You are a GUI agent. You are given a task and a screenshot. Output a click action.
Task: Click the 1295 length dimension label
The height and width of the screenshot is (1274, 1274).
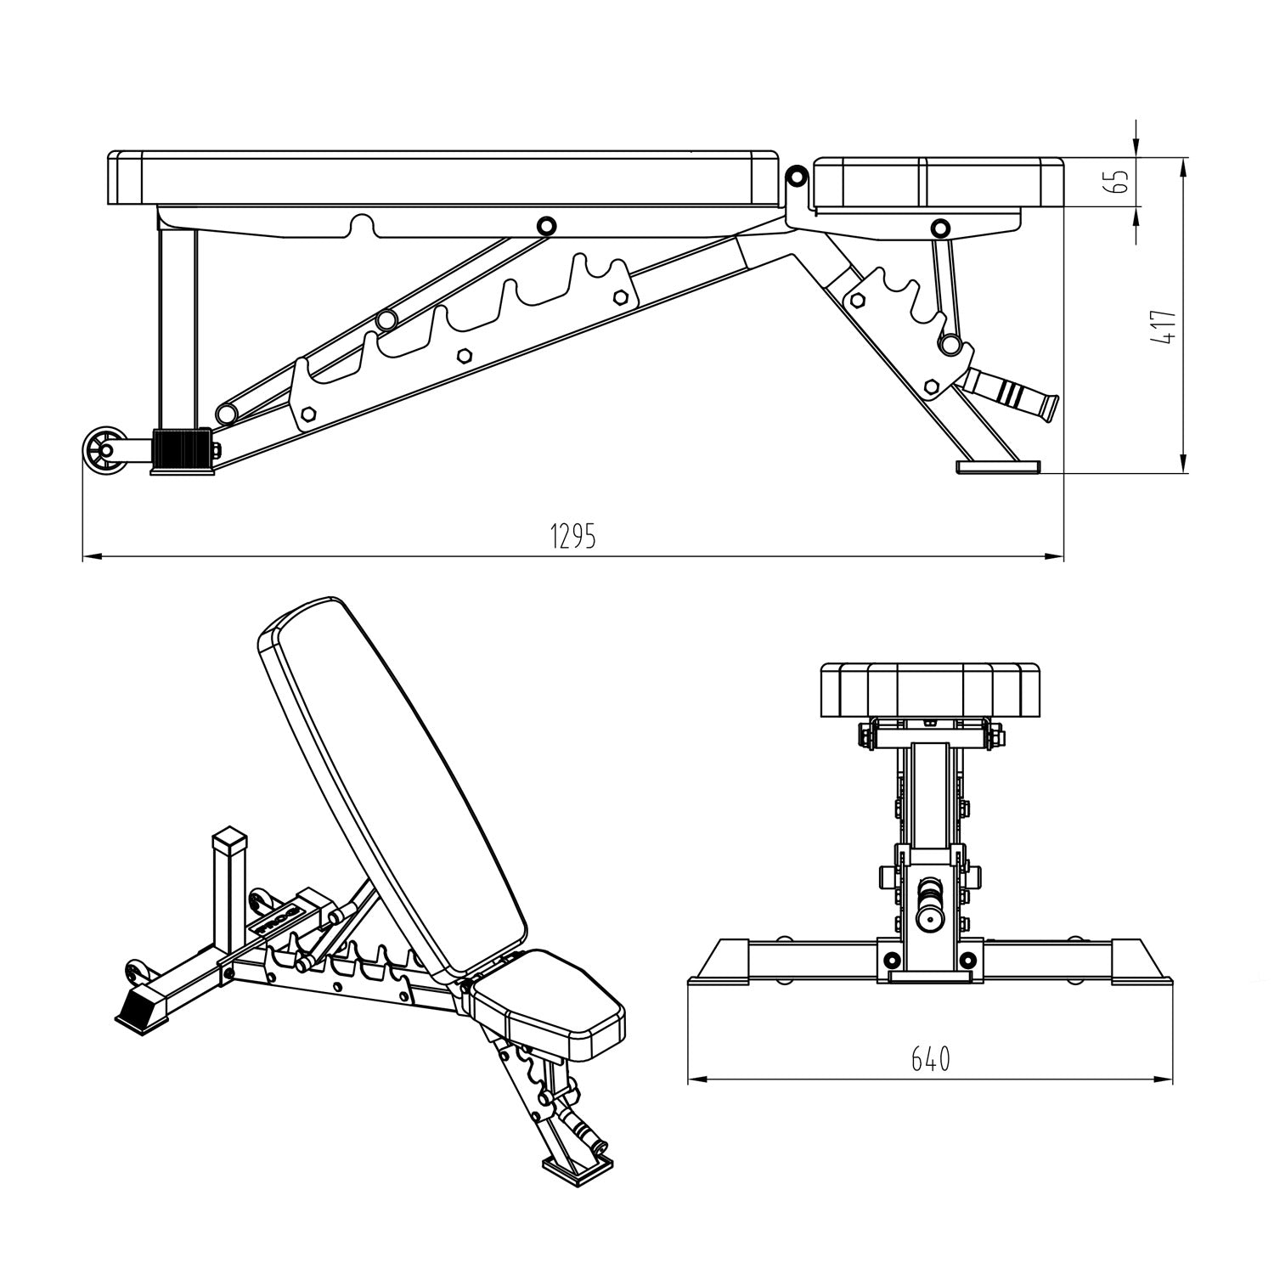(x=573, y=536)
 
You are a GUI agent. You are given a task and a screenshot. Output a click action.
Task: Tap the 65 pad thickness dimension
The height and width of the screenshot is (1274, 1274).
(x=1120, y=181)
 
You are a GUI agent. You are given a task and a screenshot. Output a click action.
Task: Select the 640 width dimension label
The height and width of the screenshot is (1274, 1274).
(x=931, y=1059)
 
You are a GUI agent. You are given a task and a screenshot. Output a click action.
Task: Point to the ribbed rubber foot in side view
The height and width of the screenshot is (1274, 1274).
(x=180, y=451)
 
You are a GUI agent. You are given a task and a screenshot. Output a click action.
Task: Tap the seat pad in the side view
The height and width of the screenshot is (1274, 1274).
(x=939, y=183)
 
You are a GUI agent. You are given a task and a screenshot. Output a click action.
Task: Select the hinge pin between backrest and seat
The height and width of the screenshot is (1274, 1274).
(x=796, y=177)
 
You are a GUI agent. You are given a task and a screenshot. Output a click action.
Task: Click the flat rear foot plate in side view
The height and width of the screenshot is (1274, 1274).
(x=998, y=466)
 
